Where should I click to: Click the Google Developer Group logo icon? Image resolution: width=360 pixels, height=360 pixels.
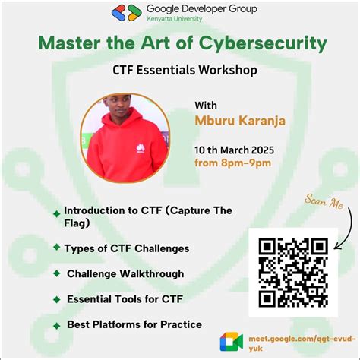pyautogui.click(x=126, y=12)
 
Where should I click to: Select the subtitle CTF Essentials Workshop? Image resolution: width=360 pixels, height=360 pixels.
pyautogui.click(x=180, y=70)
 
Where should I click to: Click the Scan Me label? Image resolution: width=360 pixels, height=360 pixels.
pyautogui.click(x=325, y=202)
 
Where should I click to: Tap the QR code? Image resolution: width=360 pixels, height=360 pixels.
pyautogui.click(x=293, y=272)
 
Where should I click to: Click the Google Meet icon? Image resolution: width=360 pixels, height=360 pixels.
pyautogui.click(x=231, y=341)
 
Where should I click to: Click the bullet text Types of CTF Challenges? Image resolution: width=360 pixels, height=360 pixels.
pyautogui.click(x=126, y=248)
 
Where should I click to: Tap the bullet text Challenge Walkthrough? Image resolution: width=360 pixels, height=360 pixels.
pyautogui.click(x=125, y=273)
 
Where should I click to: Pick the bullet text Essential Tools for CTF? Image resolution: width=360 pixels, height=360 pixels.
pyautogui.click(x=125, y=298)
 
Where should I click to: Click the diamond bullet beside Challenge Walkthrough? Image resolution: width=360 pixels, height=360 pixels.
pyautogui.click(x=57, y=274)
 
